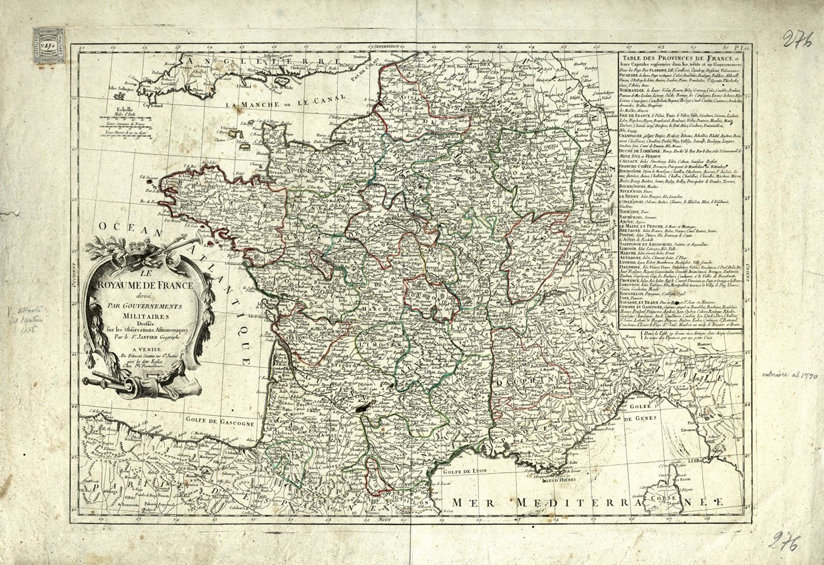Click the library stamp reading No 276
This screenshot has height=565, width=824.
pyautogui.click(x=49, y=45)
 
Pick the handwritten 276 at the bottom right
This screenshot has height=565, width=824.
pyautogui.click(x=785, y=542)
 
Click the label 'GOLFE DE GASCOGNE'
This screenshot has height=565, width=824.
pyautogui.click(x=223, y=424)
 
